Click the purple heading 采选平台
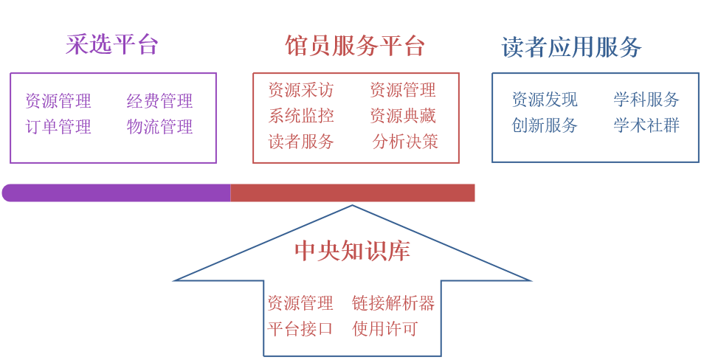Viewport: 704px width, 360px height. pyautogui.click(x=112, y=45)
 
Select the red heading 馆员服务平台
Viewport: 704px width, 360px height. pyautogui.click(x=355, y=46)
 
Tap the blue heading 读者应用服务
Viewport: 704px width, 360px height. pyautogui.click(x=571, y=47)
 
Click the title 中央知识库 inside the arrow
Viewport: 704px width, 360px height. pyautogui.click(x=352, y=251)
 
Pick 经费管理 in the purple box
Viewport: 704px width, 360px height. pyautogui.click(x=159, y=101)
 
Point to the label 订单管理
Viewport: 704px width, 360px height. pyautogui.click(x=58, y=127)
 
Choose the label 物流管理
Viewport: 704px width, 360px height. pyautogui.click(x=159, y=127)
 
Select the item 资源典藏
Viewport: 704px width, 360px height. pyautogui.click(x=403, y=116)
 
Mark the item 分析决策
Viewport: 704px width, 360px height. pyautogui.click(x=405, y=142)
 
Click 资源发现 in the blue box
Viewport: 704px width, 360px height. pyautogui.click(x=545, y=100)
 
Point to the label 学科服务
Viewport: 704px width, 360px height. pyautogui.click(x=646, y=100)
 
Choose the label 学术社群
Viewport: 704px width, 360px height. pyautogui.click(x=646, y=125)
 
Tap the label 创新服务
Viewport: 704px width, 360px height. pyautogui.click(x=545, y=125)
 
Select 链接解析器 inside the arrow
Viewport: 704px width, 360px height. pyautogui.click(x=393, y=303)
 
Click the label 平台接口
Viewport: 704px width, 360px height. pyautogui.click(x=300, y=329)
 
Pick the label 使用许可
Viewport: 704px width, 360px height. pyautogui.click(x=385, y=329)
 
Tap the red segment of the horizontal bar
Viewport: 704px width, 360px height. pyautogui.click(x=353, y=193)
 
